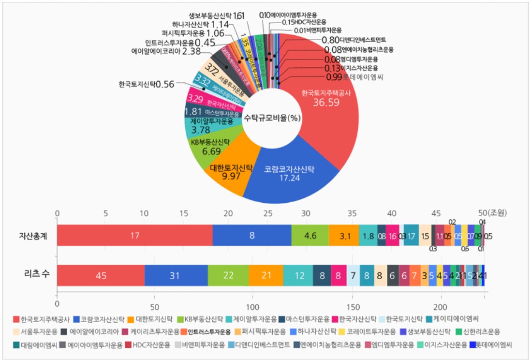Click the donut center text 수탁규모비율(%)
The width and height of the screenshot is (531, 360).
pyautogui.click(x=270, y=118)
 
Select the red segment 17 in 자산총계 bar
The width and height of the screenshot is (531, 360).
pyautogui.click(x=134, y=236)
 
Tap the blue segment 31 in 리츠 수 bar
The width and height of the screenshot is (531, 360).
pyautogui.click(x=176, y=276)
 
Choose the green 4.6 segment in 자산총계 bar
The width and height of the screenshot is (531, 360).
pyautogui.click(x=310, y=236)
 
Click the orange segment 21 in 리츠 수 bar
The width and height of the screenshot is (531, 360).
pyautogui.click(x=266, y=276)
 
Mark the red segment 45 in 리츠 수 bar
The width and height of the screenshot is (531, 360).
pyautogui.click(x=101, y=276)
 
